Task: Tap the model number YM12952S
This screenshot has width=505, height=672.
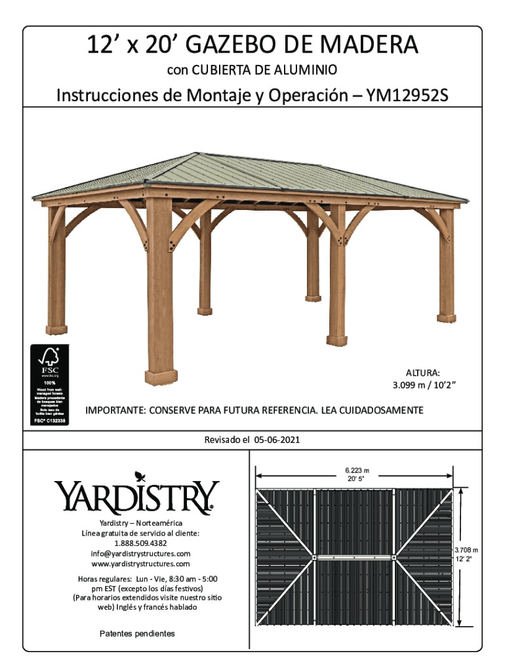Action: (x=407, y=96)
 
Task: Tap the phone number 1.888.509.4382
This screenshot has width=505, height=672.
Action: (x=140, y=543)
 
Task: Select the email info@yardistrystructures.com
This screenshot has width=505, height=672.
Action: (x=140, y=554)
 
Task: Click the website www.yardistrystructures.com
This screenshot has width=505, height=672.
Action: (x=140, y=564)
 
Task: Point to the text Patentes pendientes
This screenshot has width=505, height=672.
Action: (x=137, y=634)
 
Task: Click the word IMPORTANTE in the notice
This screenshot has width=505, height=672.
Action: (x=114, y=411)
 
